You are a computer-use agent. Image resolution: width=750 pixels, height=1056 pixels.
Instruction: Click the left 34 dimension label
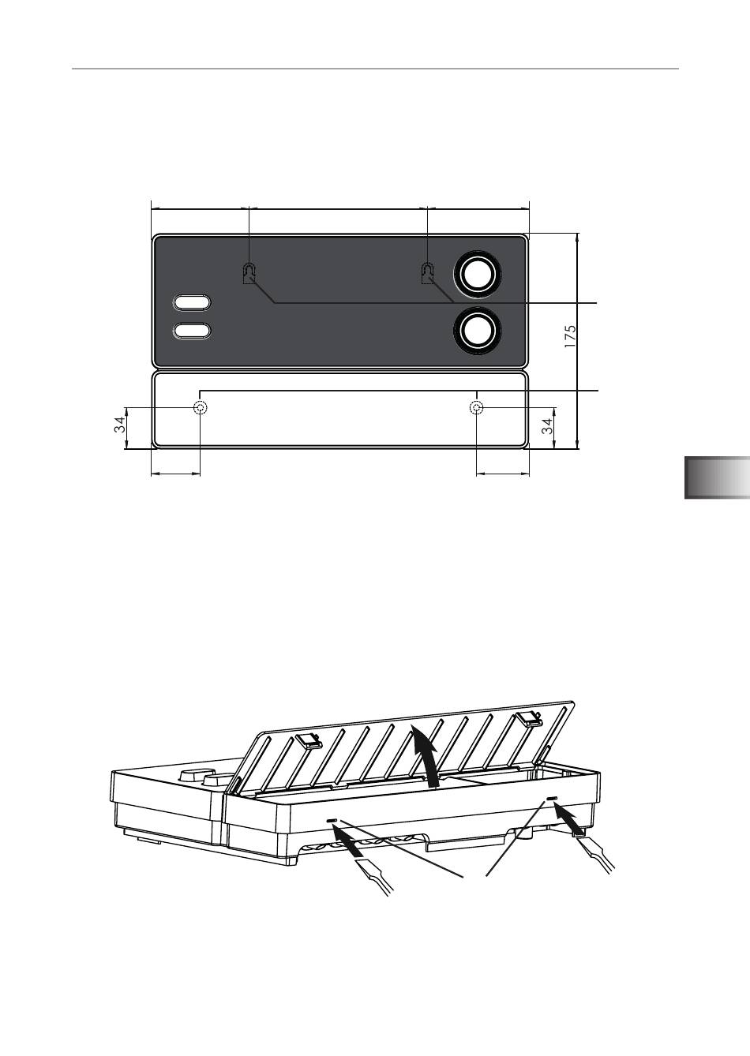pos(119,427)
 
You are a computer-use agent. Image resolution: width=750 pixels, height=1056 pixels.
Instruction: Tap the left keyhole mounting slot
pos(249,273)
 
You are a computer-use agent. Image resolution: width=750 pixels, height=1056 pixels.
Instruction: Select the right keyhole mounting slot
pos(427,273)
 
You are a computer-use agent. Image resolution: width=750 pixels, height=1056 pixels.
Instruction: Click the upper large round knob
pos(477,273)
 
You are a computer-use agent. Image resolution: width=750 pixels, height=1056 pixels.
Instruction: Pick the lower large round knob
pos(477,331)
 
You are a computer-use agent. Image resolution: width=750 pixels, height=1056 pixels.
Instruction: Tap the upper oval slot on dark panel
pos(193,303)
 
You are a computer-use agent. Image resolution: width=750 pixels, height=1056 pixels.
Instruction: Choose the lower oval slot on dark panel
pos(193,331)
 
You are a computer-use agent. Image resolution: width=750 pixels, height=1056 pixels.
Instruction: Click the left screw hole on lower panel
pos(201,407)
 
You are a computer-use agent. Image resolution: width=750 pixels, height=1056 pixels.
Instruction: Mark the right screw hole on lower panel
pos(477,407)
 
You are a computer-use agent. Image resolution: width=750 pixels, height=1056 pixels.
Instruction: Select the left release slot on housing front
pos(332,822)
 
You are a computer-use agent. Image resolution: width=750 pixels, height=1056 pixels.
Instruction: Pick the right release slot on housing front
pos(551,799)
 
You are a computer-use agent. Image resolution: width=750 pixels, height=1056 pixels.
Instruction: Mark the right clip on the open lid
pos(528,717)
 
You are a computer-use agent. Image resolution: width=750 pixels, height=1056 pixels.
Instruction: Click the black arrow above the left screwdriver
pos(347,843)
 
